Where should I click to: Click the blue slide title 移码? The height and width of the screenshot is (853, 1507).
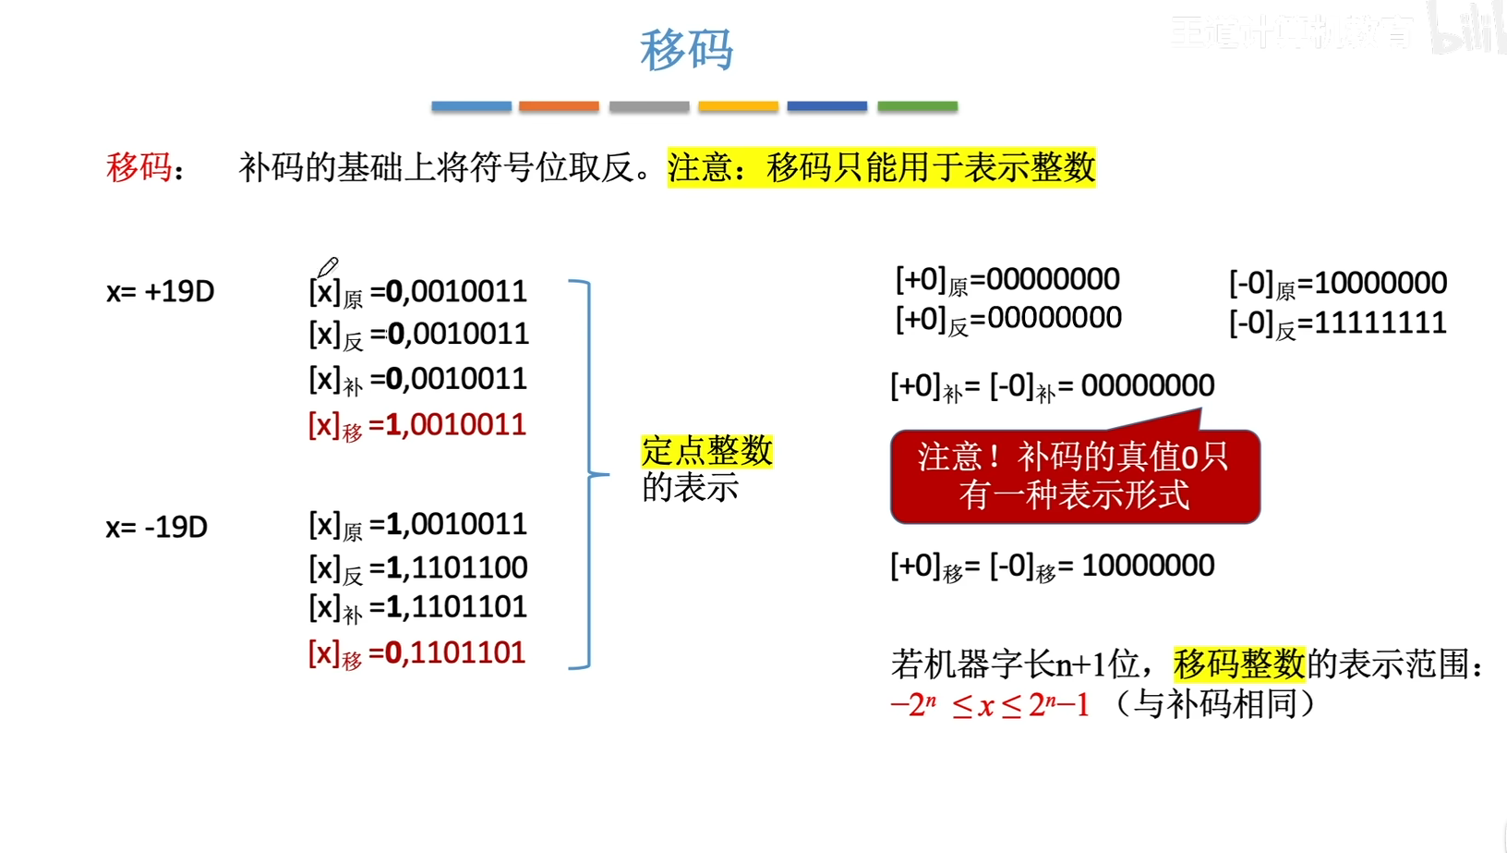[x=686, y=50]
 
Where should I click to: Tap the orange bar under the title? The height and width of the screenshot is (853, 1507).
[x=559, y=106]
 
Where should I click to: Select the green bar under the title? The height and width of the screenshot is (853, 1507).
[x=917, y=106]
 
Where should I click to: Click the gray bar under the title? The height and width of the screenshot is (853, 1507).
[x=649, y=106]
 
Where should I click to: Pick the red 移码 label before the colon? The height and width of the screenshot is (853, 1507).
[x=139, y=167]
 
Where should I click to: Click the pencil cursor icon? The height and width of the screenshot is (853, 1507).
[x=327, y=268]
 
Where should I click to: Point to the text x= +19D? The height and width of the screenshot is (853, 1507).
[x=160, y=292]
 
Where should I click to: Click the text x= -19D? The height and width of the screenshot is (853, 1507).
[x=156, y=528]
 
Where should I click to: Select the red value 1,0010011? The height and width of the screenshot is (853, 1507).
[x=456, y=425]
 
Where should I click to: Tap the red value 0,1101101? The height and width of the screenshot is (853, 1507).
[x=455, y=653]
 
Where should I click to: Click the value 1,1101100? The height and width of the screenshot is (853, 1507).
[x=457, y=567]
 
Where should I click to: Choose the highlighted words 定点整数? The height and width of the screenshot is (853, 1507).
[x=707, y=451]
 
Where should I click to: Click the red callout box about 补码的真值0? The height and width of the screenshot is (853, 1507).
[x=1075, y=477]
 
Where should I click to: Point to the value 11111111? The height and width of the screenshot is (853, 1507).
[x=1380, y=323]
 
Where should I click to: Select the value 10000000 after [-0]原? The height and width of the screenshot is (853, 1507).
[x=1380, y=283]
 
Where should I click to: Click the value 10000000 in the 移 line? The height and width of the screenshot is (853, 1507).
[x=1148, y=566]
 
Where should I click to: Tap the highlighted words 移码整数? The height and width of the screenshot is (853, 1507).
[x=1239, y=664]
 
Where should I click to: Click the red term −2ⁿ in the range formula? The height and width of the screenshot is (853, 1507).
[x=913, y=705]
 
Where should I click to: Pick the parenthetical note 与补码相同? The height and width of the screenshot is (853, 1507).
[x=1215, y=705]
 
